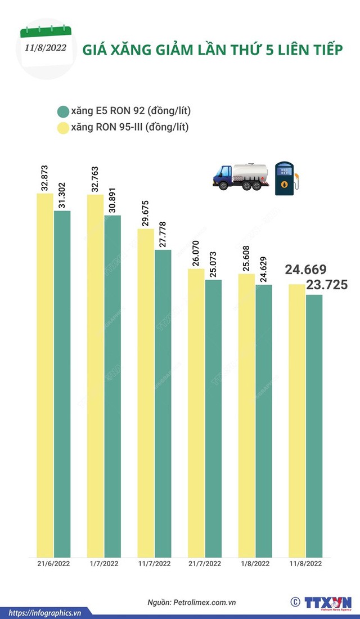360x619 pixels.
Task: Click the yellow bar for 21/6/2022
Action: coord(45,374)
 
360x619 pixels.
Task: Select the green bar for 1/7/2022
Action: coord(112,385)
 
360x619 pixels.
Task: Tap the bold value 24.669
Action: coord(306,270)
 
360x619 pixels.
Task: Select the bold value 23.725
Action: coord(326,285)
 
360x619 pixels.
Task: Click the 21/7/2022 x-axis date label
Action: coord(205,563)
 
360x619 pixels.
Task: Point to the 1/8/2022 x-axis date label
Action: coord(255,563)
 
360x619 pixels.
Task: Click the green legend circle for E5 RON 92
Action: coord(62,111)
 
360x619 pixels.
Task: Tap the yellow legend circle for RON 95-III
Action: coord(62,128)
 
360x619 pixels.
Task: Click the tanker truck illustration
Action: coord(240,176)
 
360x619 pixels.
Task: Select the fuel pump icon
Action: coord(287,178)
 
